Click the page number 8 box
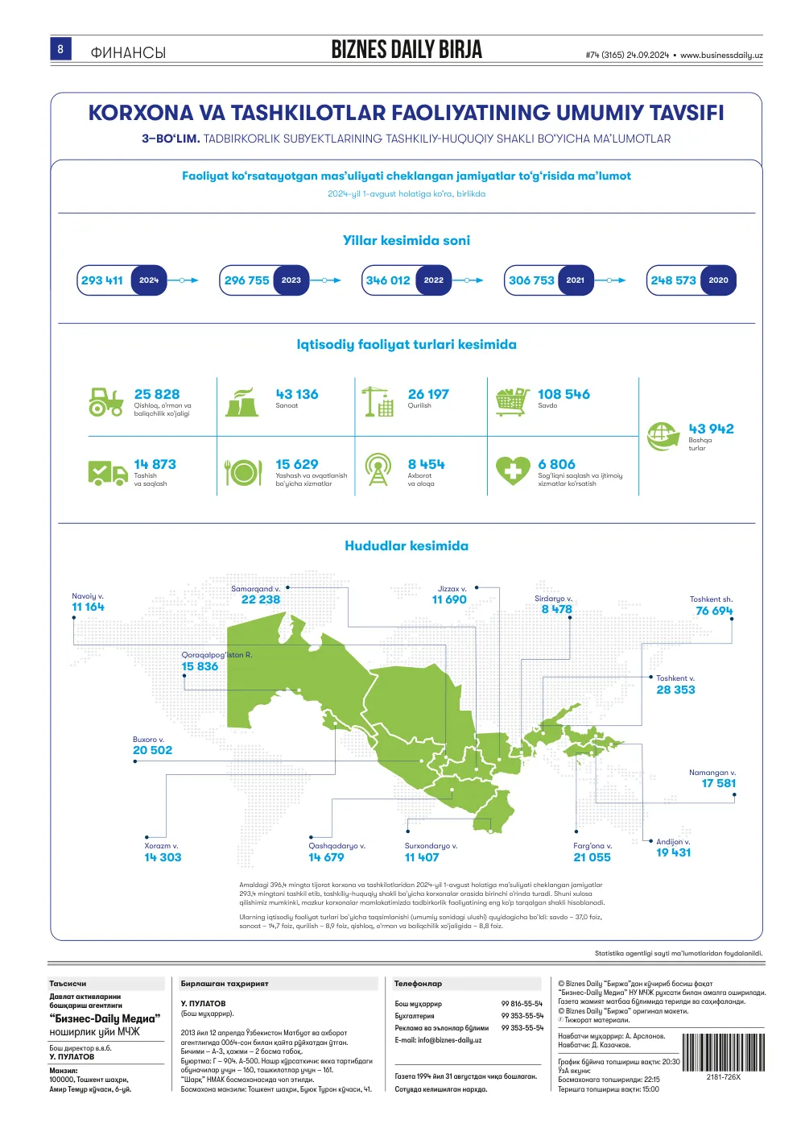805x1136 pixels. coord(60,49)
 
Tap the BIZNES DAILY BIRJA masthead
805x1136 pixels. coord(407,50)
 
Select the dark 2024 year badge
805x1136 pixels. coord(149,280)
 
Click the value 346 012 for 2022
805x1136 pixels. coord(388,280)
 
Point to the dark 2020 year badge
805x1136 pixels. coord(718,280)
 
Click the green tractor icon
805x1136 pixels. coord(106,402)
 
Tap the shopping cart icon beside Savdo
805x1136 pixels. coord(512,402)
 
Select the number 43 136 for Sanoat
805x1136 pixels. coord(297,394)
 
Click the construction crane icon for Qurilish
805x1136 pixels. coord(378,402)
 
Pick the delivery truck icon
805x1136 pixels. coord(107,473)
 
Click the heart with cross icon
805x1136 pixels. coord(513,471)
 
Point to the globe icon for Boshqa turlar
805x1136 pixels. coord(663,437)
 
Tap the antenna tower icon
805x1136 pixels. coord(378,470)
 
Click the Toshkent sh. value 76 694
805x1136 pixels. coord(714,611)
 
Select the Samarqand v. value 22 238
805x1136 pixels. coord(260,599)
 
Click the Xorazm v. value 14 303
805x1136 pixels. coord(163,857)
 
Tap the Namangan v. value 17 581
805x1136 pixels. coord(718,783)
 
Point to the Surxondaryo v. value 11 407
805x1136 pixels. coord(422,857)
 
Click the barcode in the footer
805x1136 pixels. coord(724,1052)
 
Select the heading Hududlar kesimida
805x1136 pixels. coord(407,545)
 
